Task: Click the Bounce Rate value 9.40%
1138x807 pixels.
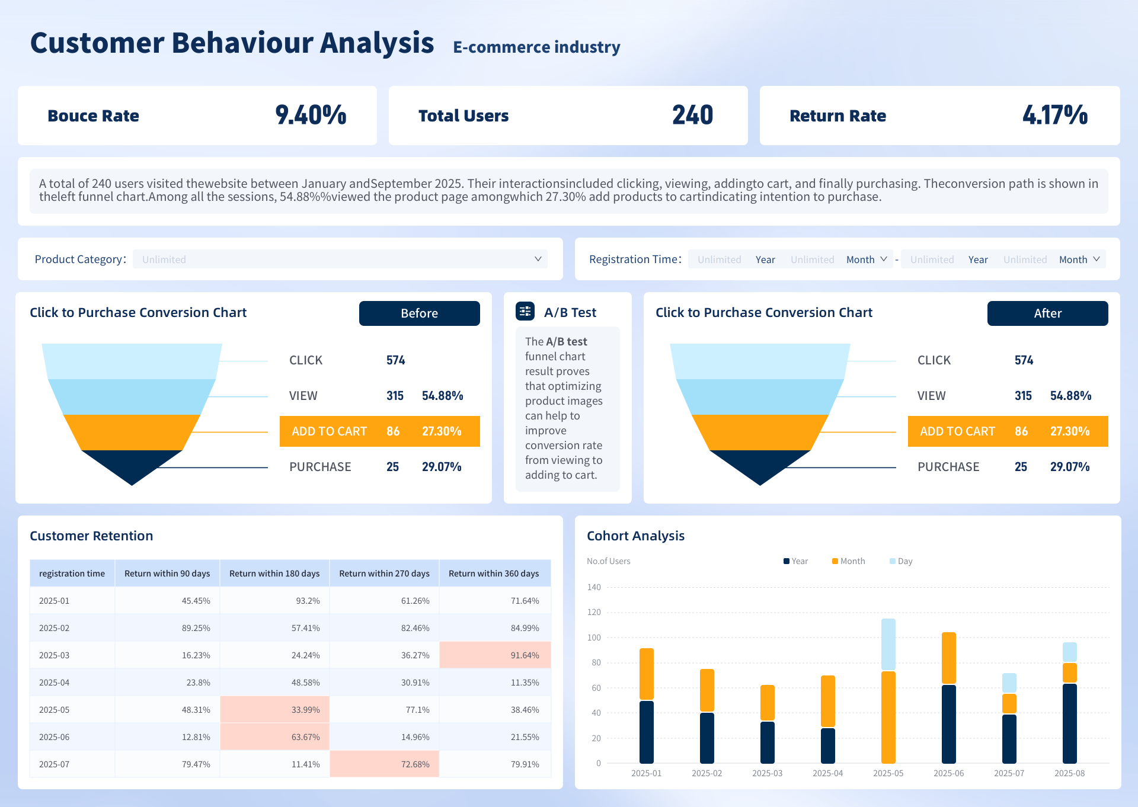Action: point(311,115)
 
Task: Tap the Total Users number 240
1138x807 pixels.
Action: point(692,115)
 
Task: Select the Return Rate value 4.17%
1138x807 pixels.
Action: point(1054,115)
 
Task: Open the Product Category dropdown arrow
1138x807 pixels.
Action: point(538,259)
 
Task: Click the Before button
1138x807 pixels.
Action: point(419,313)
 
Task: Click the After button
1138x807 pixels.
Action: point(1047,313)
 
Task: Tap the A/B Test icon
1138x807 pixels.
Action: point(525,311)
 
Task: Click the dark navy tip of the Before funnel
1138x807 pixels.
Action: point(132,465)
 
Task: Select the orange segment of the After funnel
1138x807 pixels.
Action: point(760,431)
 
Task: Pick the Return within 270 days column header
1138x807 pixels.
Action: point(384,573)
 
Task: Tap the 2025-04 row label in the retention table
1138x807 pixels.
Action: point(55,682)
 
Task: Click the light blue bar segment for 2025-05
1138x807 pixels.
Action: point(888,644)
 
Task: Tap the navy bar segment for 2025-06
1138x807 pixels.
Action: point(948,723)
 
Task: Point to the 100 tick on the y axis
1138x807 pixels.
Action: point(594,638)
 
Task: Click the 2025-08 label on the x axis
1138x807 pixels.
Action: point(1069,773)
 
